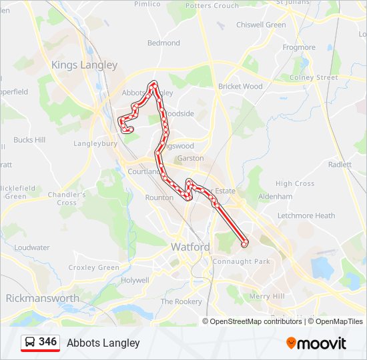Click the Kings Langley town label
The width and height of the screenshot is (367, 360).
coord(85,65)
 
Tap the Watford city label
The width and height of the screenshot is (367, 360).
coord(190,247)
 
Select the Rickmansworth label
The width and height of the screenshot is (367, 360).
coord(43,298)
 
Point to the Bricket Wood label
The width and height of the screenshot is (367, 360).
coord(240,87)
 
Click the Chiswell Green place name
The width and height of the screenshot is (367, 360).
coord(261,25)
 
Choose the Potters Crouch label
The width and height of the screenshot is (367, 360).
coord(212,6)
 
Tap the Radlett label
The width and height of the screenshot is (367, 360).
coord(340,165)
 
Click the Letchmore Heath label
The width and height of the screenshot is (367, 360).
coord(306,216)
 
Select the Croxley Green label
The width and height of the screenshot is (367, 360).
coord(94,268)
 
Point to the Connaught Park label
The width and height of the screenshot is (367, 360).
coord(241,262)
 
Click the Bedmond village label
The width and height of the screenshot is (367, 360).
coord(163,43)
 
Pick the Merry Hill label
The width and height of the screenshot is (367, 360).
coord(267,297)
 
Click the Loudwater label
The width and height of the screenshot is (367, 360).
coord(32,248)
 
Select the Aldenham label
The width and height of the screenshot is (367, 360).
coord(276,197)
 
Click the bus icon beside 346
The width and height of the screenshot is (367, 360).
coord(30,342)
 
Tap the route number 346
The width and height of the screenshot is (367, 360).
coord(48,342)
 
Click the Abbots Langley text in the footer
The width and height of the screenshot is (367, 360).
coord(103,343)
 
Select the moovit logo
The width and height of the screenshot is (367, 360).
coord(316,343)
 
